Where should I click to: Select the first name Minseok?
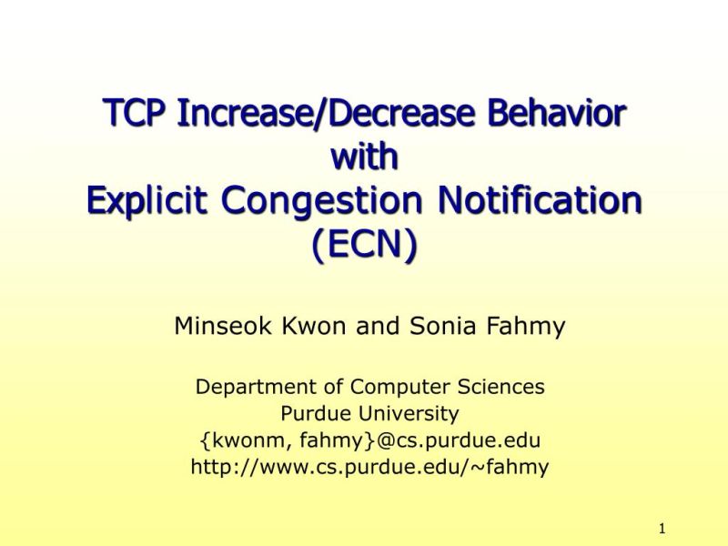(x=217, y=325)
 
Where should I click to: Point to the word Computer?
(x=393, y=387)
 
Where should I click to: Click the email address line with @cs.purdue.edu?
(x=369, y=441)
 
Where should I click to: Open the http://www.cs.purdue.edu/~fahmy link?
(x=369, y=468)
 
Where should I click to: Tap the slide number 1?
(x=662, y=528)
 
